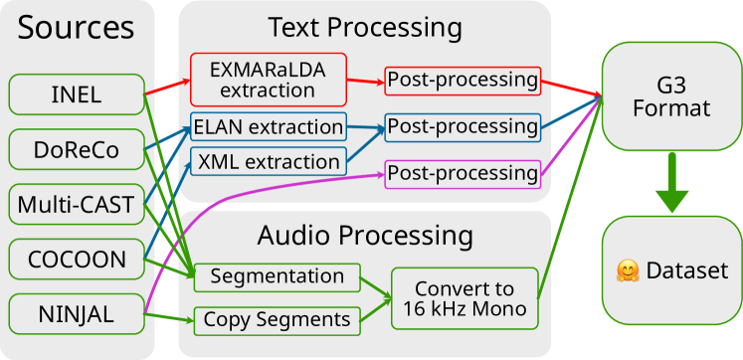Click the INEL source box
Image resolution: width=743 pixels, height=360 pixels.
pos(76,95)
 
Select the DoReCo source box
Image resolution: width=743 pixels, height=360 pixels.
pos(76,150)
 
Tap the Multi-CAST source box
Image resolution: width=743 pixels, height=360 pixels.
pos(76,206)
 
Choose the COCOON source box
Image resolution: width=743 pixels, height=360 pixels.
pos(76,261)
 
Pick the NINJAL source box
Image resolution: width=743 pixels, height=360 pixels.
pos(76,315)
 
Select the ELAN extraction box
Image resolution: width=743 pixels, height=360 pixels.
pos(268,126)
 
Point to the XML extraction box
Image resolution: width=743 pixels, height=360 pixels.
pos(268,161)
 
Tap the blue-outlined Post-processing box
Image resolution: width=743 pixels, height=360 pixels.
pos(463,126)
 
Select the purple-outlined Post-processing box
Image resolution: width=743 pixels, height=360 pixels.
pos(463,173)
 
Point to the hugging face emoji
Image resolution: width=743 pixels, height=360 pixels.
pos(627,270)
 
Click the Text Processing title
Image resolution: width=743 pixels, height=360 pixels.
pos(364,26)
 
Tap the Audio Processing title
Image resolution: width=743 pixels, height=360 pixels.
pos(364,236)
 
